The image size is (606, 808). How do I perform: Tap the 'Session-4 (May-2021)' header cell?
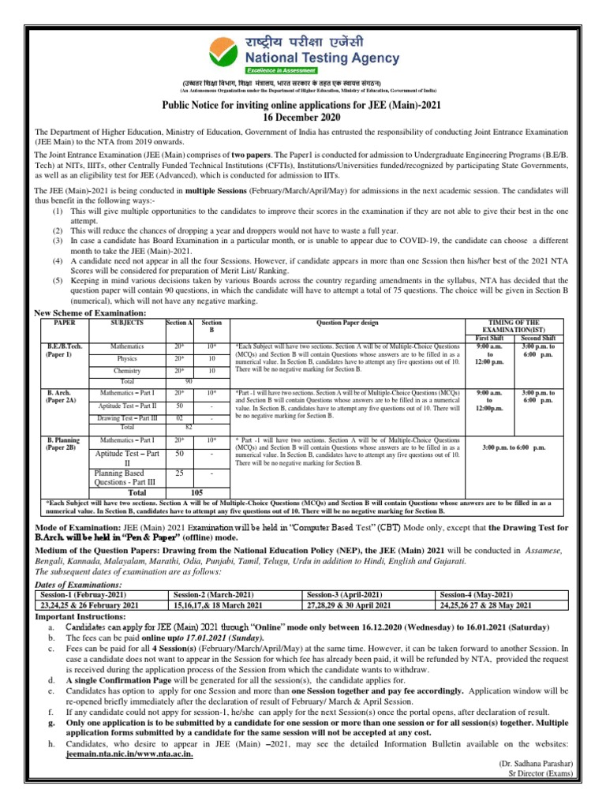(x=476, y=594)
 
